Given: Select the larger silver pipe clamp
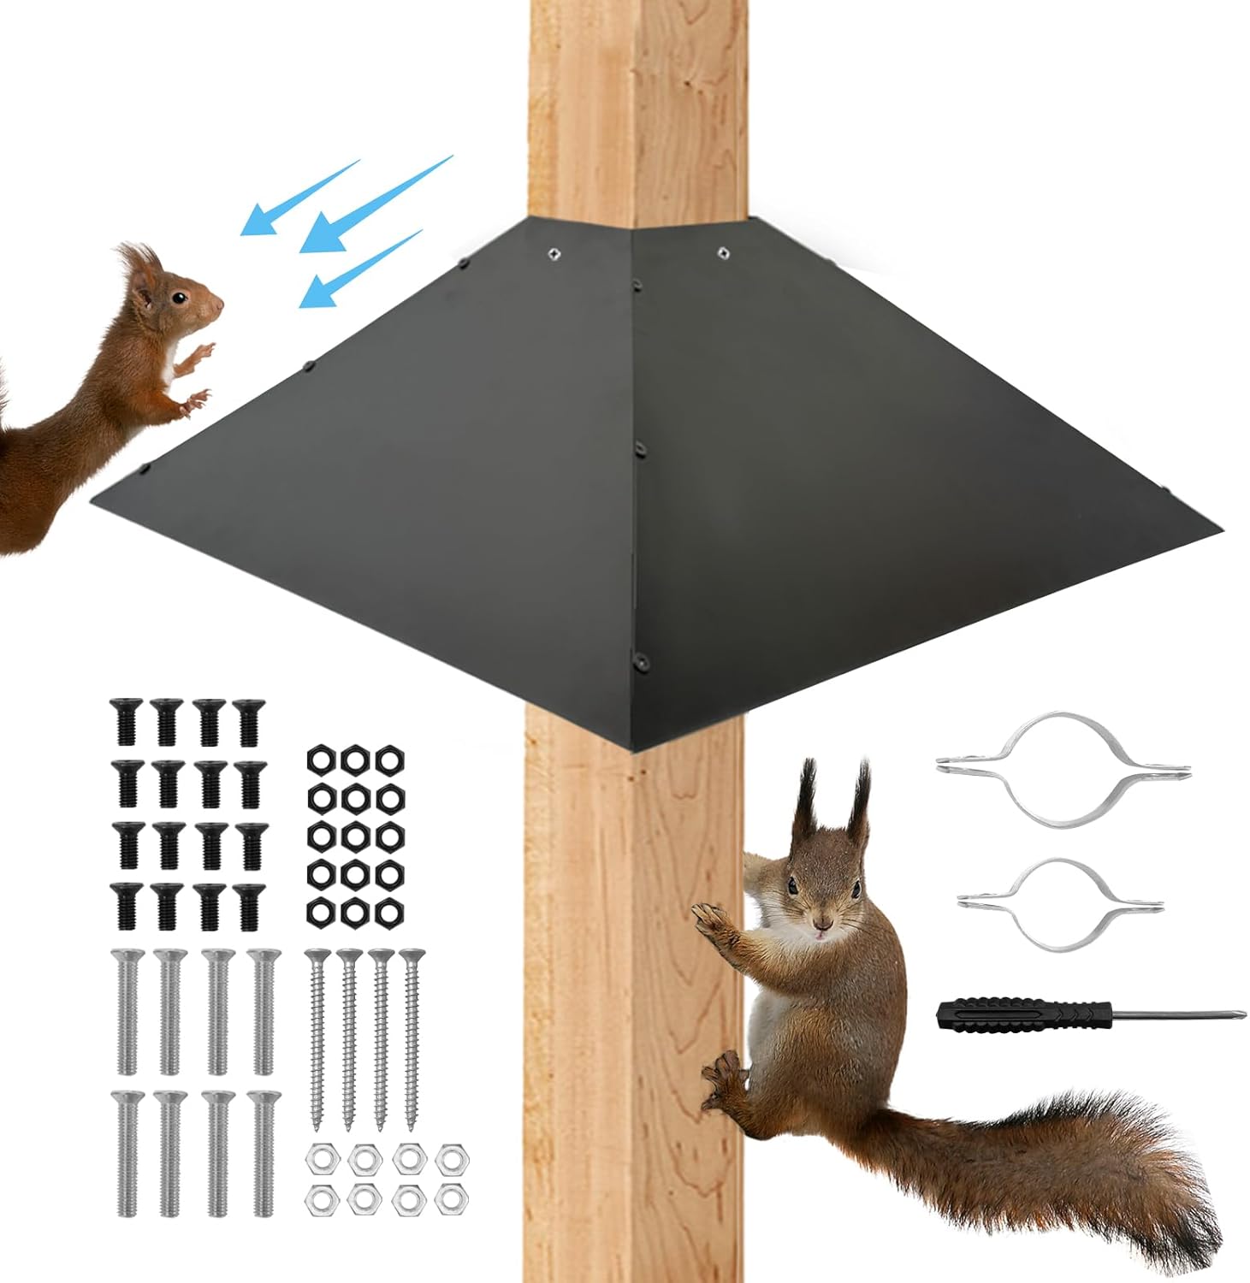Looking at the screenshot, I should coord(1062,764).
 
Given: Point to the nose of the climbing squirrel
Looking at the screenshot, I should coord(822,925).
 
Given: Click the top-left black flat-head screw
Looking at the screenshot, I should coord(124,721).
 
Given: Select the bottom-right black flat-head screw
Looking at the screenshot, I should coord(250,903).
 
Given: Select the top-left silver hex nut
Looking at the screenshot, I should coord(319,1157).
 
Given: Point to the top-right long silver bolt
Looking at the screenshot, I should coord(263,1009).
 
